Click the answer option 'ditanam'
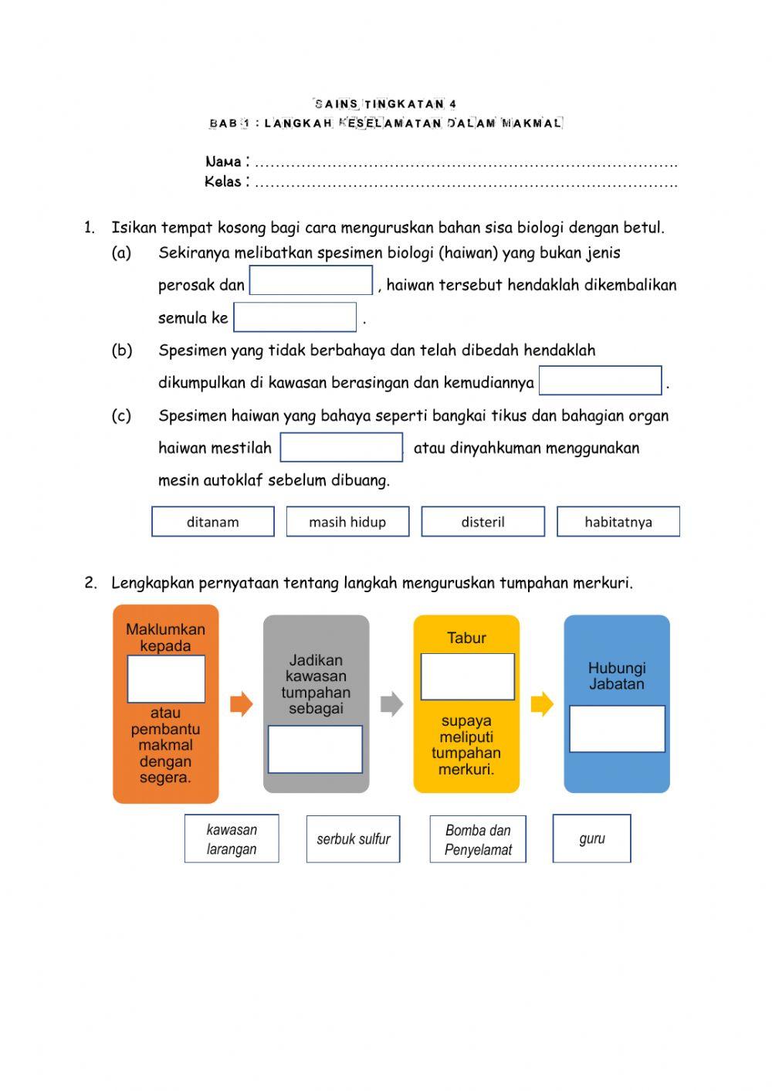tap(213, 521)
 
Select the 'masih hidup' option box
tap(347, 521)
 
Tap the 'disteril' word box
tap(482, 521)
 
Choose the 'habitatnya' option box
tap(618, 521)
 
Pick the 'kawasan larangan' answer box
tap(232, 839)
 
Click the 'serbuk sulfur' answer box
tap(354, 839)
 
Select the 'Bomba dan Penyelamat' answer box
tap(478, 839)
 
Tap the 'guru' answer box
tap(592, 839)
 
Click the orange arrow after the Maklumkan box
tap(242, 704)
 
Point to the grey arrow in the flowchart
tap(392, 704)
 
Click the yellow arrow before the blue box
tap(542, 704)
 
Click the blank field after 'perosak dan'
tap(311, 280)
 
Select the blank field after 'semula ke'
tap(295, 317)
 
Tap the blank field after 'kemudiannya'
tap(600, 381)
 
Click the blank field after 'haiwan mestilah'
tap(341, 447)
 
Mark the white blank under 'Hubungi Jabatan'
tap(617, 728)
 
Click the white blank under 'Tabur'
tap(467, 676)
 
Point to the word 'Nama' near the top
tap(223, 161)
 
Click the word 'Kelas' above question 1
tap(223, 181)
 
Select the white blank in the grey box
tap(315, 749)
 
